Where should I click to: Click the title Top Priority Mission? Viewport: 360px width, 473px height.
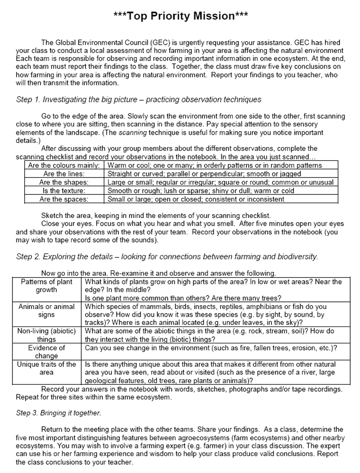coord(181,16)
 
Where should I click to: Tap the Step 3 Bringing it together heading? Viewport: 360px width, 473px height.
coord(59,413)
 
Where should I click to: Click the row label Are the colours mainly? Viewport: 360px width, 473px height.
coord(64,166)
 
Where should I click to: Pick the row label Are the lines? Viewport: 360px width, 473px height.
coord(64,174)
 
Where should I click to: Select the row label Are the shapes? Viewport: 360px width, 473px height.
coord(64,182)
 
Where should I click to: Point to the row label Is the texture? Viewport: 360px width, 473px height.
coord(64,190)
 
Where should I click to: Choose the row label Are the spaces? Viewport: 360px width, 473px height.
coord(64,199)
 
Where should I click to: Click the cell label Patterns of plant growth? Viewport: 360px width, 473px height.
coord(46,286)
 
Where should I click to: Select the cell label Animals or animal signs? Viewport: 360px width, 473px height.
coord(46,311)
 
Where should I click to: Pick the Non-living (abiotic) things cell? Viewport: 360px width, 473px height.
coord(46,335)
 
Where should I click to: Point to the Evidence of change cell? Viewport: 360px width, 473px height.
coord(46,352)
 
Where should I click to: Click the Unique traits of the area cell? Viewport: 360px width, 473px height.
coord(46,368)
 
